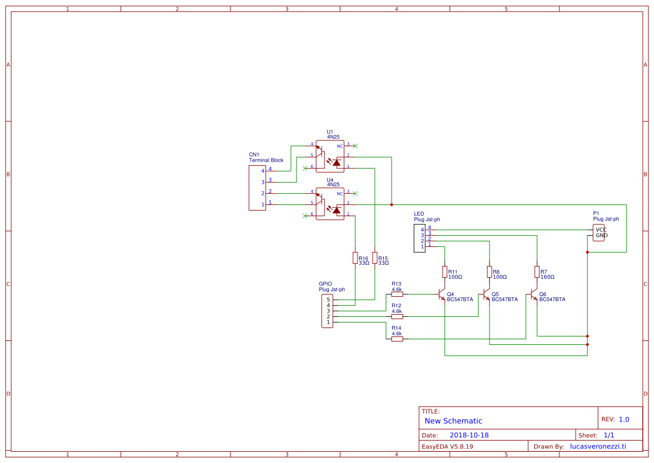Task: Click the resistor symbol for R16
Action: tap(355, 258)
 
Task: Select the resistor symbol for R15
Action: tap(374, 258)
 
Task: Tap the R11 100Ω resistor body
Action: tap(444, 272)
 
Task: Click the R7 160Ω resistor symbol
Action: tap(537, 272)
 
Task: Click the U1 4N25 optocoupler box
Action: tap(330, 156)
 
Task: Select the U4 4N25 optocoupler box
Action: tap(330, 204)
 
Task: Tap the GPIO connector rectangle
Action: tap(327, 311)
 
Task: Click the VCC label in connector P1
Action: tap(601, 230)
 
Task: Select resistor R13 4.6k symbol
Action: tap(397, 294)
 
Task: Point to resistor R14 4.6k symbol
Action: tap(397, 339)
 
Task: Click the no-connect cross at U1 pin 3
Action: tap(355, 146)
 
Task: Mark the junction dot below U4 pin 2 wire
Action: tap(391, 204)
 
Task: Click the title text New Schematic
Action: tap(453, 421)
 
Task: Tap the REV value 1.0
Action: tap(624, 419)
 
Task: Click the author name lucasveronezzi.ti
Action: tap(597, 446)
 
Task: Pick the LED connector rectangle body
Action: tap(420, 238)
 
